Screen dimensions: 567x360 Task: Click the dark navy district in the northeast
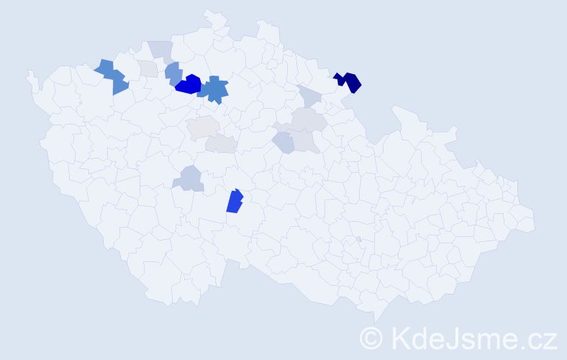(350, 82)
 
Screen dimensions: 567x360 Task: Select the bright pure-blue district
(189, 85)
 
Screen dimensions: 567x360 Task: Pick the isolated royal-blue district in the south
(235, 202)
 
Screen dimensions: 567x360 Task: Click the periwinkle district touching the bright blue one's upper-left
(173, 73)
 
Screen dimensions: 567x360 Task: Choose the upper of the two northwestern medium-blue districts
(105, 68)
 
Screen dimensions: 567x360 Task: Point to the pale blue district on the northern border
(160, 50)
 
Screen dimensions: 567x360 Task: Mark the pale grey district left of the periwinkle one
(148, 69)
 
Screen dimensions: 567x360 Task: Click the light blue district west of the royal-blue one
(189, 179)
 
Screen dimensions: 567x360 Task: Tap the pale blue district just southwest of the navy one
(310, 96)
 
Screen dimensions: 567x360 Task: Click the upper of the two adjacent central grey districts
(203, 126)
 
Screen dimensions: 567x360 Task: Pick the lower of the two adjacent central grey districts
(221, 144)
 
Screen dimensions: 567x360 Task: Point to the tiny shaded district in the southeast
(358, 239)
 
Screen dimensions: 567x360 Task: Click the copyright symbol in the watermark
(372, 338)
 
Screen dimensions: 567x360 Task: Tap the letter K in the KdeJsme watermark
(402, 338)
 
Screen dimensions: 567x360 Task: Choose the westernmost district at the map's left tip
(32, 78)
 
